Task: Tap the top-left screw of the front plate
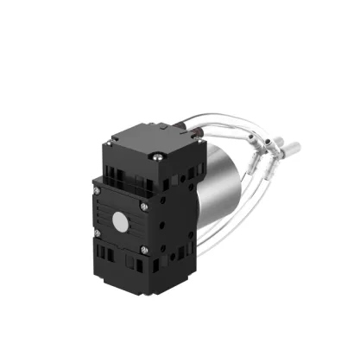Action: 98,190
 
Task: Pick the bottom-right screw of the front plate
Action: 144,252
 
